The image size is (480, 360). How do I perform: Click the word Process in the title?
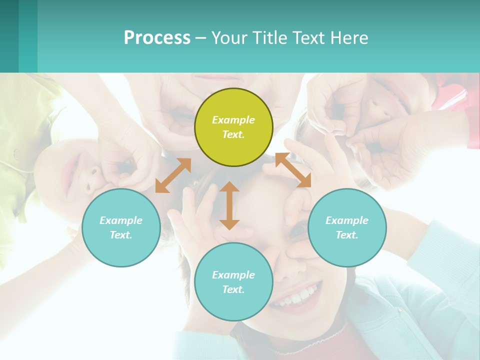tap(157, 38)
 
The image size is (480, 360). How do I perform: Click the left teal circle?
tap(121, 227)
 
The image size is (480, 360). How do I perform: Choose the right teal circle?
tap(347, 227)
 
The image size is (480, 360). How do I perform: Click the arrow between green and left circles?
tap(173, 175)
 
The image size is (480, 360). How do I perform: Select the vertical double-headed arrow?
tap(229, 205)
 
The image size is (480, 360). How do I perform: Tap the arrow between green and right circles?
tap(293, 170)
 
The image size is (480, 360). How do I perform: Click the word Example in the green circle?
tap(233, 120)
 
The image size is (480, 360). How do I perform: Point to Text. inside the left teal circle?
tap(121, 235)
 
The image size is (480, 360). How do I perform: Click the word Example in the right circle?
tap(347, 220)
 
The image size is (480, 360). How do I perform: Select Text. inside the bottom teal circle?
tap(233, 289)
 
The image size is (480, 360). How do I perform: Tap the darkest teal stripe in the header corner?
tap(9, 36)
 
